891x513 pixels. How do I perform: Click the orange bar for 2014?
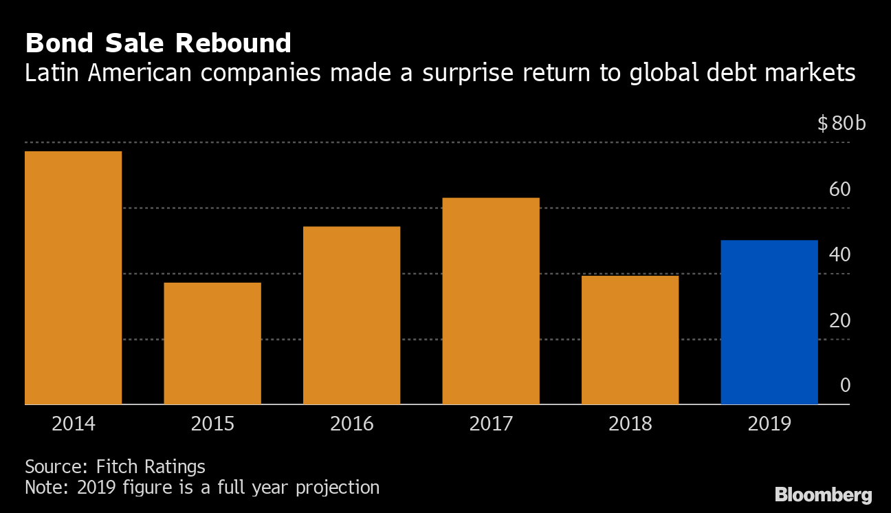[x=73, y=278]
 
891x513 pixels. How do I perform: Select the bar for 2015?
[x=212, y=343]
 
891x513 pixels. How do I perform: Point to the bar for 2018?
[x=630, y=340]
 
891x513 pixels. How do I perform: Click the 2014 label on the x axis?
[x=73, y=423]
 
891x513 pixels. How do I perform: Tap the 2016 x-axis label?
[x=351, y=423]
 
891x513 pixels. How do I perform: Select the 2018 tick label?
[x=630, y=423]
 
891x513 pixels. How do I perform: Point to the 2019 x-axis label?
[x=769, y=423]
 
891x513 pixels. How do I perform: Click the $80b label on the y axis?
[x=841, y=124]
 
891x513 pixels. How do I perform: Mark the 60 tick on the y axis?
[x=839, y=189]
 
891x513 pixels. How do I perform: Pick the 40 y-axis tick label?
[x=839, y=254]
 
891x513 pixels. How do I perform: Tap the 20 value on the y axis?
[x=839, y=320]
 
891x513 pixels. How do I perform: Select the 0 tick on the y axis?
[x=845, y=385]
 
